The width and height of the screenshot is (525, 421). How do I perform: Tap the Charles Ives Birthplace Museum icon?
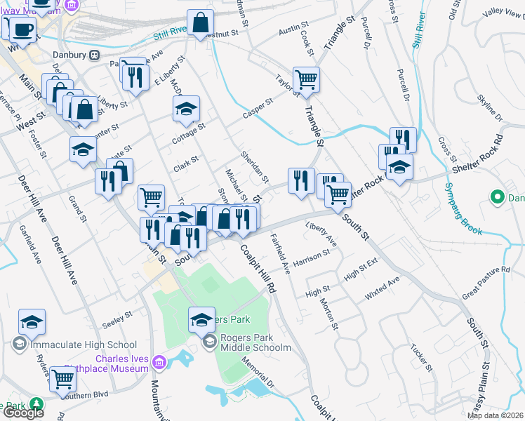point(159,362)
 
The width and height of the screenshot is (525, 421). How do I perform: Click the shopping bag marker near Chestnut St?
point(200,22)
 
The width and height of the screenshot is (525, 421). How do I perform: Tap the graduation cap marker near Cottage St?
point(187,109)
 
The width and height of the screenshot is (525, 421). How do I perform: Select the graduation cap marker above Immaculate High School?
point(32,321)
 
